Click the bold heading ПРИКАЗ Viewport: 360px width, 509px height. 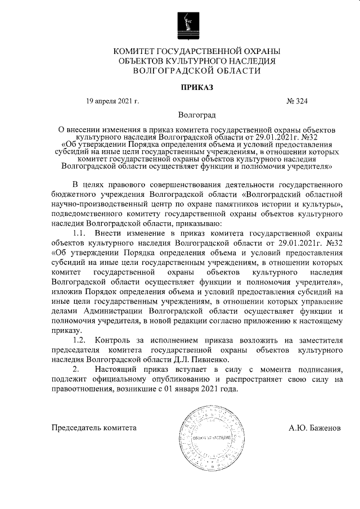tap(196, 87)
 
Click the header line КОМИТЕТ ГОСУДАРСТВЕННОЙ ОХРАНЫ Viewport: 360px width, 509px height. tap(196, 52)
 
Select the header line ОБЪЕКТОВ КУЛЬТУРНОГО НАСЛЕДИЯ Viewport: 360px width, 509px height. tap(196, 61)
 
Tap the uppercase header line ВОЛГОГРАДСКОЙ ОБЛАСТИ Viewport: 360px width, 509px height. tap(196, 71)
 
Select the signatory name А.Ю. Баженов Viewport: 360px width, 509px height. tap(314, 427)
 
